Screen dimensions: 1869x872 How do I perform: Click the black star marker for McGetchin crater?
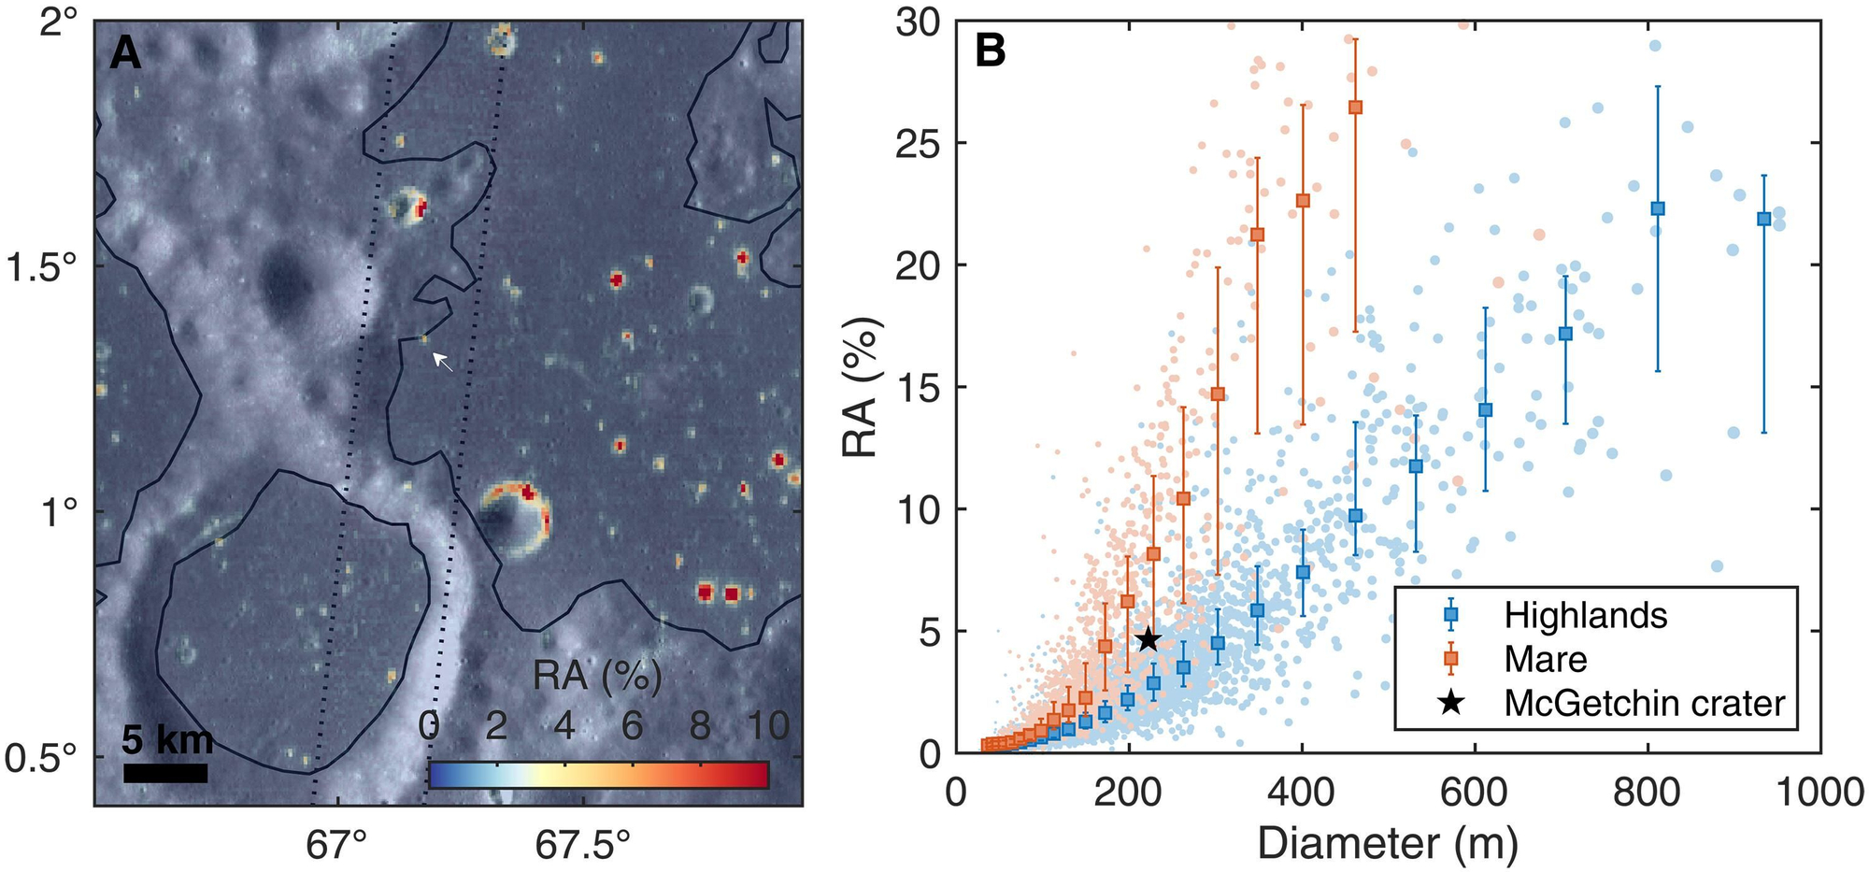tap(1149, 639)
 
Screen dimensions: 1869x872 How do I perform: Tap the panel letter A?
tap(125, 54)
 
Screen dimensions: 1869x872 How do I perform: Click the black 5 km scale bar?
tap(165, 773)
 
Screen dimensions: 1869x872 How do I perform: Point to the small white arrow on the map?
tap(442, 362)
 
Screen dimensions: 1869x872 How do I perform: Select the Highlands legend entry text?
tap(1586, 615)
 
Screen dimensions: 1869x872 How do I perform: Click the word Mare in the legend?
tap(1546, 659)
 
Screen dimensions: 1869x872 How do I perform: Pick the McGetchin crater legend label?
tap(1645, 703)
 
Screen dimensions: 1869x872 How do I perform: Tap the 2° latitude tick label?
tap(62, 21)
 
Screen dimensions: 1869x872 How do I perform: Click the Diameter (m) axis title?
tap(1387, 843)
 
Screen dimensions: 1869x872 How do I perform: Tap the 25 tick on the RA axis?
tap(918, 143)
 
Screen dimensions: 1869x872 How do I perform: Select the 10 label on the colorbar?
tap(768, 726)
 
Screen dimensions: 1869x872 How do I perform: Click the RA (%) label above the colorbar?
tap(598, 676)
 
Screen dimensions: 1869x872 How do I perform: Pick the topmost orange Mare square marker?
tap(1355, 107)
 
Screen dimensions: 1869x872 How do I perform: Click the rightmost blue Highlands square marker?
tap(1763, 219)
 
